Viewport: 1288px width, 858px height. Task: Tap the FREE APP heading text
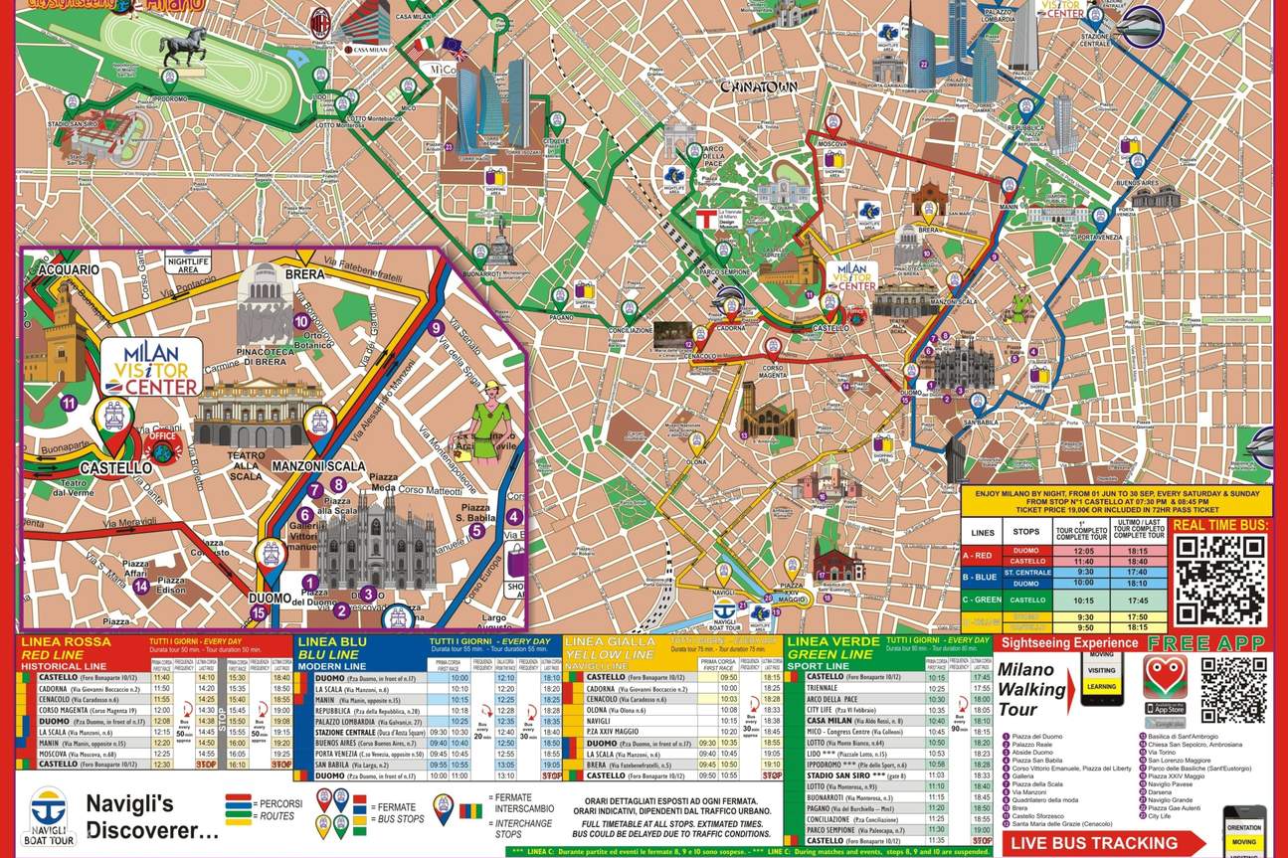coord(1206,642)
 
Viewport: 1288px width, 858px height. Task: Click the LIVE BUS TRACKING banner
coord(1106,843)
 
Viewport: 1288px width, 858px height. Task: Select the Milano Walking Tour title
coord(1032,689)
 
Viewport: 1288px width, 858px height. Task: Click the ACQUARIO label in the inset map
coord(69,269)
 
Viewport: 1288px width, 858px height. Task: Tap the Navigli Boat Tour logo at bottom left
coord(47,815)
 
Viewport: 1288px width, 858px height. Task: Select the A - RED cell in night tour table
coord(981,556)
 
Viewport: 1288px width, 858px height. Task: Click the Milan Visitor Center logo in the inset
coord(151,367)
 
